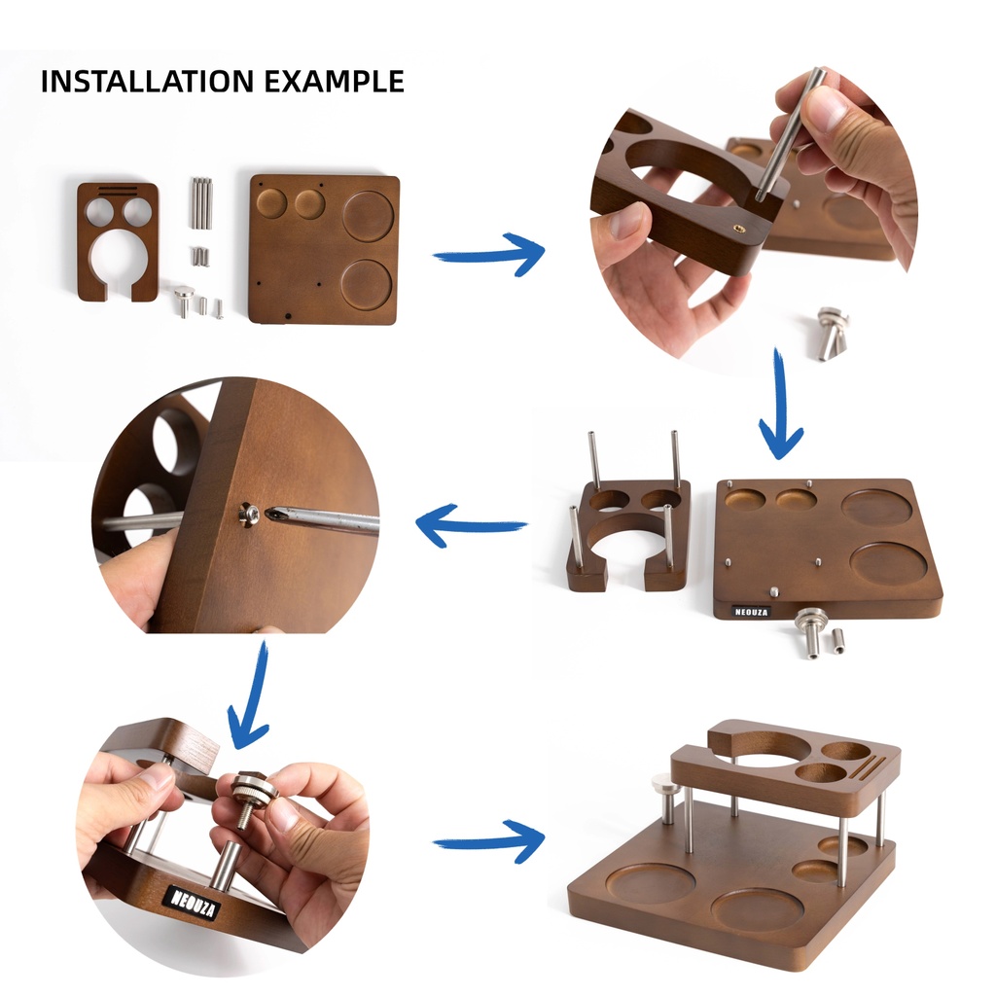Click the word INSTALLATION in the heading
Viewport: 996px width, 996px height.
148,82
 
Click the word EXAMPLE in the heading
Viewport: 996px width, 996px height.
335,82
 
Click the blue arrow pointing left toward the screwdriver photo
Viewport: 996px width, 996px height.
471,524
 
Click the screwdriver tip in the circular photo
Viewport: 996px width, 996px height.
270,513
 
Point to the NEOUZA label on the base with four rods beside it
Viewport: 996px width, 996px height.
751,612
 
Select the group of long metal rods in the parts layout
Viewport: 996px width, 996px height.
200,202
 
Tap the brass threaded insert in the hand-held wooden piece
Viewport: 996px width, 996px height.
738,228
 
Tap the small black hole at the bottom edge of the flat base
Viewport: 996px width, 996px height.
288,316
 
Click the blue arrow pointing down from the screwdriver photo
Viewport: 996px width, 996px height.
250,694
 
